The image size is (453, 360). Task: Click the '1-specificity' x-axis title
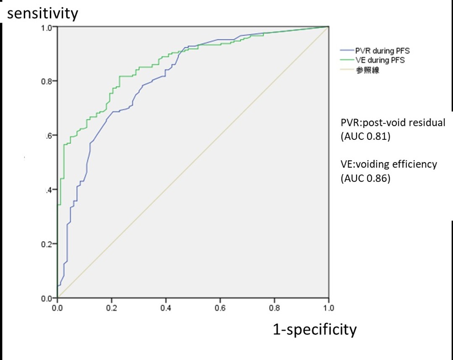[x=315, y=329]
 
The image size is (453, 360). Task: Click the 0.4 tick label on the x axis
[x=166, y=307]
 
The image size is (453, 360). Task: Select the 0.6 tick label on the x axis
[x=220, y=307]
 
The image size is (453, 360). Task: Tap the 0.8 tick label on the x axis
[x=274, y=307]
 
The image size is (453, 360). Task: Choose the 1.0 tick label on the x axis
[x=328, y=307]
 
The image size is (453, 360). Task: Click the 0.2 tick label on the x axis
[x=112, y=307]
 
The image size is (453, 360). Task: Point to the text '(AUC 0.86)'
[x=365, y=179]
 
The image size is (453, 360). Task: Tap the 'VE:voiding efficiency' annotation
[x=388, y=164]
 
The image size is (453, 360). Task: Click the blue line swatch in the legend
[x=346, y=51]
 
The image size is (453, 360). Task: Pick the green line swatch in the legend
[x=346, y=60]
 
